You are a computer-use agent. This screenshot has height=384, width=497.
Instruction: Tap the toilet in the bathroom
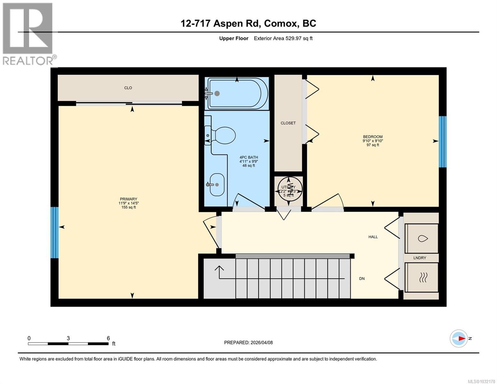[x=224, y=135]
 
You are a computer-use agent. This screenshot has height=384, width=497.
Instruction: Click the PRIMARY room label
[x=128, y=199]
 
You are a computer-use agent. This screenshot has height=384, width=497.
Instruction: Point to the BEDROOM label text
[x=373, y=137]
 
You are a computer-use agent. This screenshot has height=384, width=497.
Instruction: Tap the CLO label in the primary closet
[x=128, y=88]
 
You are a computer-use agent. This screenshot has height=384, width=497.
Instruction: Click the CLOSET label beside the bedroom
[x=288, y=123]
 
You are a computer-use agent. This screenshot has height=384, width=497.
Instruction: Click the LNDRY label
[x=420, y=258]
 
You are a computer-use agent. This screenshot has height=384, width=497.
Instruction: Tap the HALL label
[x=373, y=237]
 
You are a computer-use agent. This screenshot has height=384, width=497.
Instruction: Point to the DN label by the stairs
[x=362, y=279]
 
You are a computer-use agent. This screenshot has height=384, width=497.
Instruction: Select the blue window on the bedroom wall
[x=442, y=141]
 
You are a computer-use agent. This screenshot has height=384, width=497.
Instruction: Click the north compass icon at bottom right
[x=459, y=338]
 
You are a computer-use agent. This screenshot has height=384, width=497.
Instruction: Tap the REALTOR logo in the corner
[x=28, y=33]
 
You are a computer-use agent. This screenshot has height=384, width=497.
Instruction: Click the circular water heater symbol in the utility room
[x=289, y=191]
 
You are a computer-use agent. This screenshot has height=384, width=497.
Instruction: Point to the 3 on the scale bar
[x=68, y=338]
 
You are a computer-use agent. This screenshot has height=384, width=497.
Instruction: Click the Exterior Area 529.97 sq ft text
[x=283, y=38]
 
